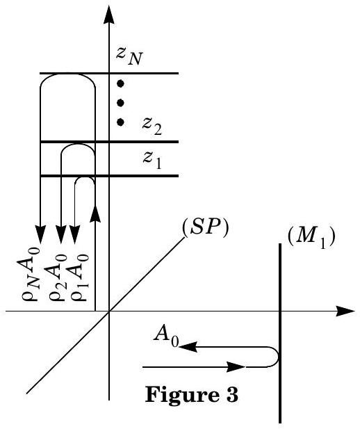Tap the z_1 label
click(x=152, y=160)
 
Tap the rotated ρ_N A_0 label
click(x=28, y=273)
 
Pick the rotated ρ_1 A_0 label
click(x=79, y=277)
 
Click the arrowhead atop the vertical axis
click(x=109, y=17)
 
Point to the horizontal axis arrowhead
click(x=345, y=311)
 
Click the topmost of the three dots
click(x=120, y=83)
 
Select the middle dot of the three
click(x=120, y=103)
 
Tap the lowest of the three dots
click(x=120, y=122)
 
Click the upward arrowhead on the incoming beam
click(x=95, y=213)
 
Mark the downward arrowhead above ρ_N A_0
click(x=40, y=234)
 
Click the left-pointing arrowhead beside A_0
click(x=188, y=347)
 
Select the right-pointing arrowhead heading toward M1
click(x=236, y=366)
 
